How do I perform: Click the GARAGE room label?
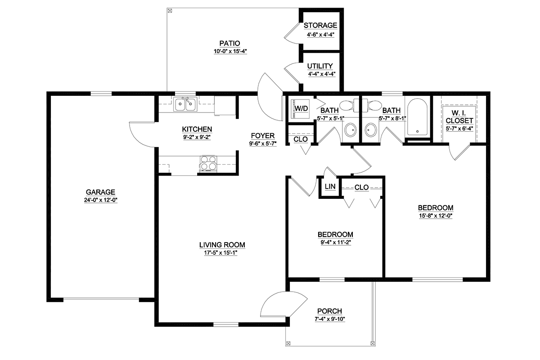100,192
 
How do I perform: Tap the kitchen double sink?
185,104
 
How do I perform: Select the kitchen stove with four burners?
208,164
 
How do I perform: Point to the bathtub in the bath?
417,117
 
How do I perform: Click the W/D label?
301,108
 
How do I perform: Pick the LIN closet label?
330,186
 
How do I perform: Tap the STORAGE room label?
320,25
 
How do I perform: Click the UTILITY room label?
320,66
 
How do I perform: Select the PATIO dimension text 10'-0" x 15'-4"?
230,51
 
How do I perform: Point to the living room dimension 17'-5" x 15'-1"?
221,253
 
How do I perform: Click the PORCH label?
329,311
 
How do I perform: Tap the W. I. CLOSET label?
459,117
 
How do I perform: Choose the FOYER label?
263,136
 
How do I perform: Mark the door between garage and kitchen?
142,134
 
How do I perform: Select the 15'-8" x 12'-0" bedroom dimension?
436,216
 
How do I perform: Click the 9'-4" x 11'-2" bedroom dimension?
336,243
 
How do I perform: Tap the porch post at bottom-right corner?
373,343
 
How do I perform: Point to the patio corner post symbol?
170,11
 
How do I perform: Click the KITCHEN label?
197,129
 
